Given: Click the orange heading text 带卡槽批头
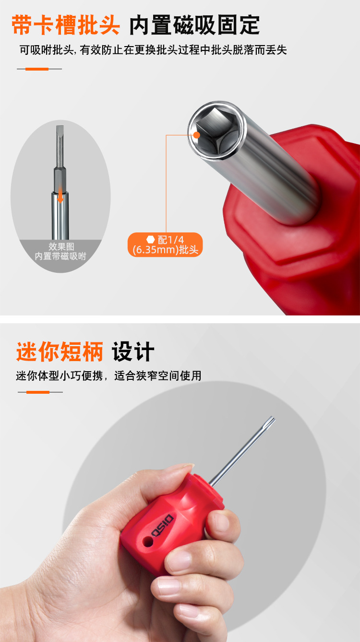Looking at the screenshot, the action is coord(66,25).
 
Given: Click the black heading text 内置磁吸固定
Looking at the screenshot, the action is coord(194,25).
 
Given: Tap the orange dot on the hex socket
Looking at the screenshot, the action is coord(196,135).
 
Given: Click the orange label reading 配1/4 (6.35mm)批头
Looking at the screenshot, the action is coord(165,245).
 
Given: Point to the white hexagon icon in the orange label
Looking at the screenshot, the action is coord(150,239).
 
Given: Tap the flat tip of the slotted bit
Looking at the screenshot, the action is coord(60,127).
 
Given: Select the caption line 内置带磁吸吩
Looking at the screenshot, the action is coord(60,256).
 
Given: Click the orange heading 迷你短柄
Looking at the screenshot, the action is coord(60,351).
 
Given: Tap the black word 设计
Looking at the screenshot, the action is coord(133,351).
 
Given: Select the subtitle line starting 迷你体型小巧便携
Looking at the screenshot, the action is coord(108,376).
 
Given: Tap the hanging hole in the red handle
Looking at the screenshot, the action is coord(148,541).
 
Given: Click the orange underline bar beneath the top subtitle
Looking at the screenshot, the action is coord(37,69).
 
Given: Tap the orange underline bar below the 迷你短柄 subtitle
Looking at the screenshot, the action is coord(38,392).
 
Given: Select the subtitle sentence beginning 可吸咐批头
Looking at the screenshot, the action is coord(153,50).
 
